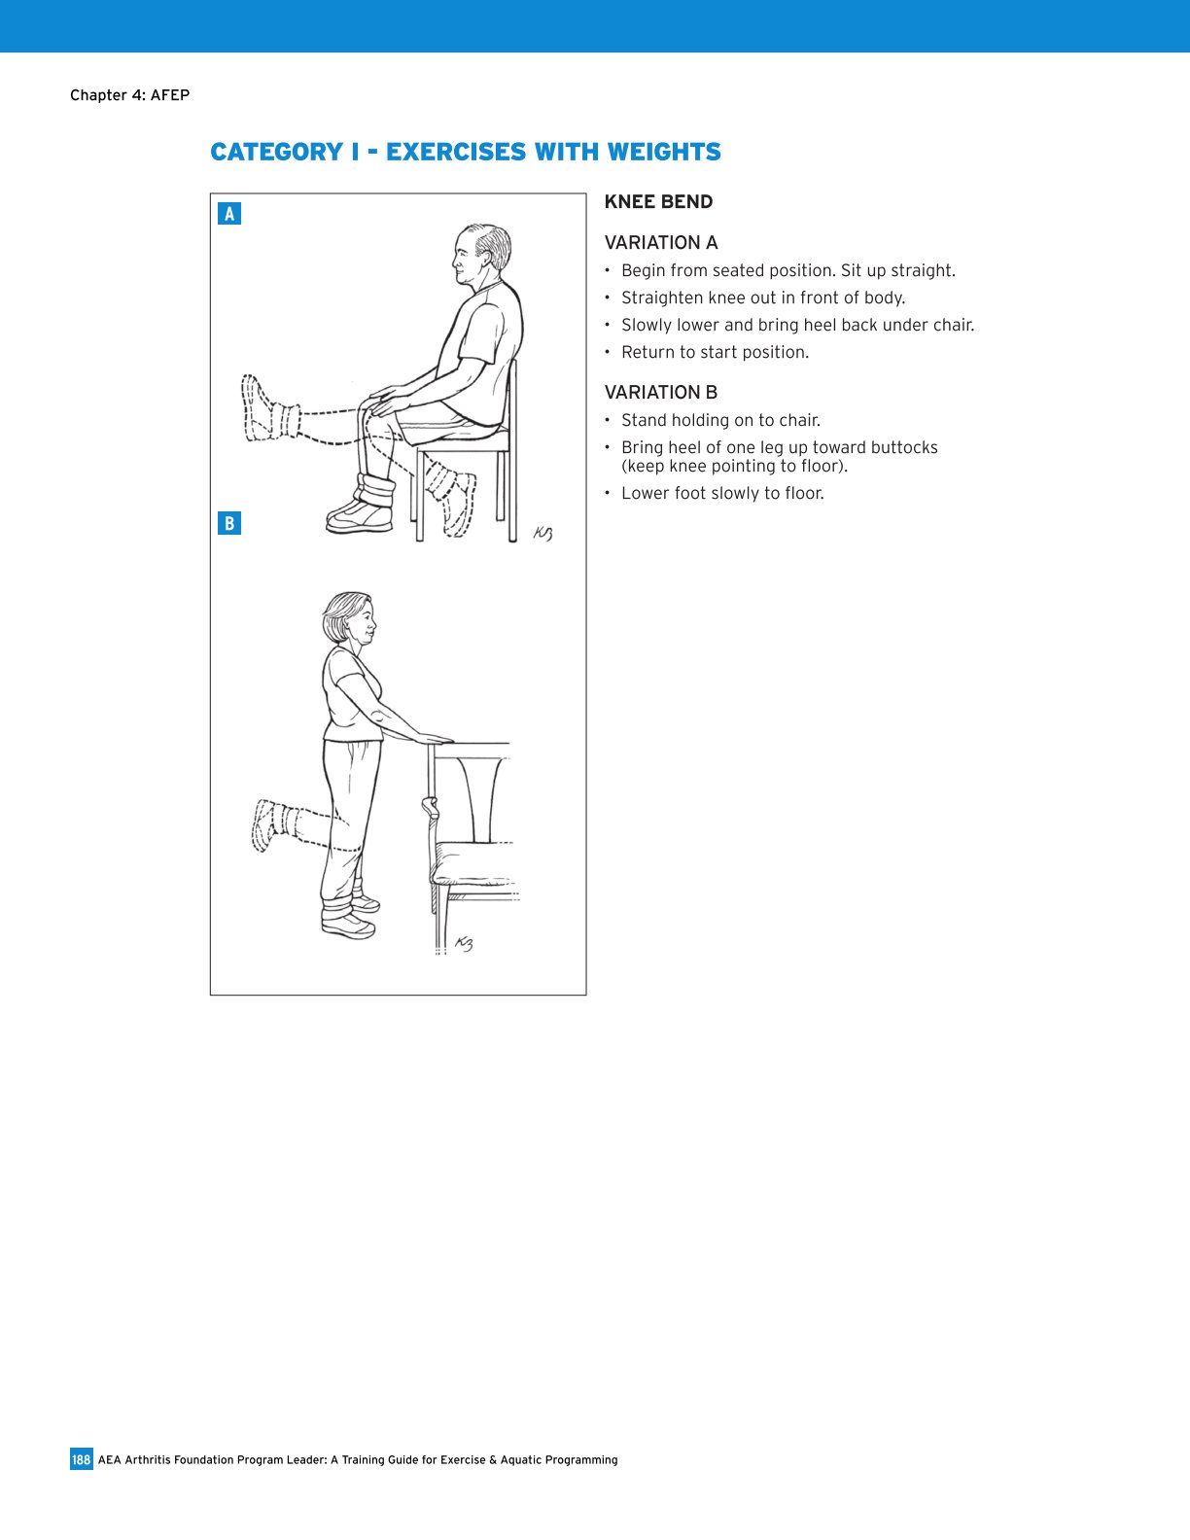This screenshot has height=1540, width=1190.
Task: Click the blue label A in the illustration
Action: coord(229,214)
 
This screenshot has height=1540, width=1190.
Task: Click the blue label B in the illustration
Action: coord(229,523)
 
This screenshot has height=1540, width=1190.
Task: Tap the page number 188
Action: coord(81,1459)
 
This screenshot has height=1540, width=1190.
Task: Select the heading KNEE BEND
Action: coord(658,202)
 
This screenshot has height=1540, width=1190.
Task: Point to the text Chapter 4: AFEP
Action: coord(129,95)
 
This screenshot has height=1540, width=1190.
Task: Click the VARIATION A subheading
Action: coord(661,243)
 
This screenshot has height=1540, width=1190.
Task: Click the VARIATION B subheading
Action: coord(661,393)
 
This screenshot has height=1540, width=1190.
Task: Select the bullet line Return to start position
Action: coord(715,352)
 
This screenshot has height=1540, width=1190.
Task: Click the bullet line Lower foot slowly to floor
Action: coord(722,493)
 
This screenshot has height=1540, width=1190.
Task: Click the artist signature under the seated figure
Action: coord(542,533)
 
